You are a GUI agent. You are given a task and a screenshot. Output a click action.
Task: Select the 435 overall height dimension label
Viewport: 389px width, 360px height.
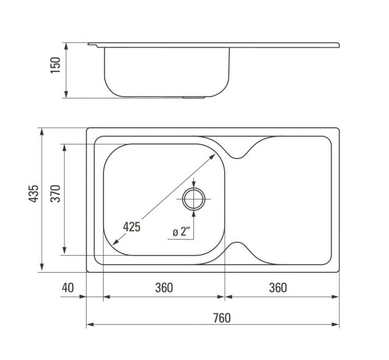point(33,193)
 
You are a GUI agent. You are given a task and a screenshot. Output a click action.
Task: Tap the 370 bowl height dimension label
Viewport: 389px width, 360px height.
point(55,193)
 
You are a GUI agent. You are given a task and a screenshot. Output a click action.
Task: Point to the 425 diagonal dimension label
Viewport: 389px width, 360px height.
point(132,227)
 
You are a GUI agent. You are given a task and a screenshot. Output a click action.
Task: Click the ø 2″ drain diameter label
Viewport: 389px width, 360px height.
point(181,232)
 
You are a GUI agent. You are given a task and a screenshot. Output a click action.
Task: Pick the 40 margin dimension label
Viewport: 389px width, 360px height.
point(68,288)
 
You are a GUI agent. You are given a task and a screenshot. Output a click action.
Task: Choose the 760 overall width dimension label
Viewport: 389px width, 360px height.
point(222,318)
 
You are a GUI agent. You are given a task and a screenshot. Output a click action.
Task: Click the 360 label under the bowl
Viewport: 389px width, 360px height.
point(164,288)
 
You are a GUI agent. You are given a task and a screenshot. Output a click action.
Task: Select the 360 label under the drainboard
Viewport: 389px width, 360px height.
point(278,288)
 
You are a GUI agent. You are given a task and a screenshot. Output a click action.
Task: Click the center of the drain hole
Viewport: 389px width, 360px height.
point(193,199)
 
